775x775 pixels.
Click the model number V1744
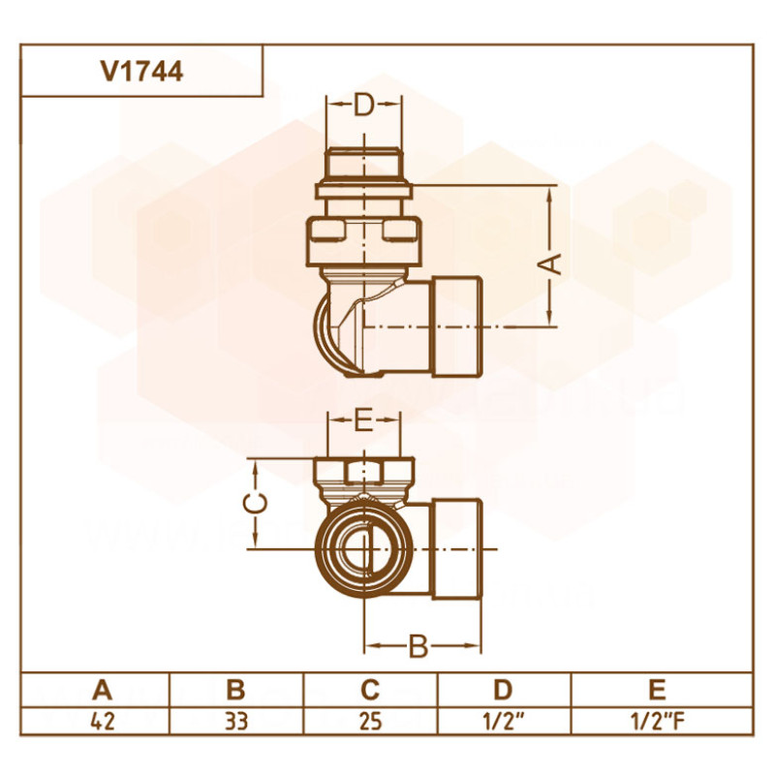click(x=140, y=71)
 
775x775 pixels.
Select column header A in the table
click(x=103, y=690)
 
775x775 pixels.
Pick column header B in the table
click(x=235, y=690)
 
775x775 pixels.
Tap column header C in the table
click(x=369, y=690)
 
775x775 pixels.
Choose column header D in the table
click(x=502, y=690)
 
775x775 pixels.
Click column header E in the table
click(x=657, y=690)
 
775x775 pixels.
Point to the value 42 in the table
click(x=103, y=722)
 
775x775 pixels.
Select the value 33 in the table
click(x=235, y=722)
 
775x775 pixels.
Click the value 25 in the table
click(x=369, y=722)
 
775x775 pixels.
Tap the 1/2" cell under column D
click(x=502, y=722)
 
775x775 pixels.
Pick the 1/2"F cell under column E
click(x=657, y=722)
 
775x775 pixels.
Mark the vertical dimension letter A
click(x=550, y=263)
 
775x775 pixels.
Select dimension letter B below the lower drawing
click(x=418, y=646)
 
